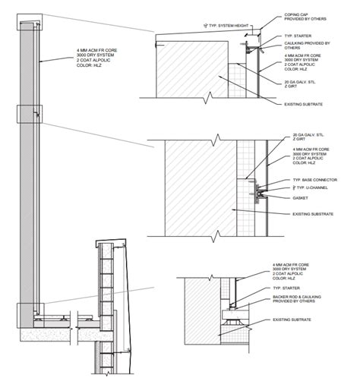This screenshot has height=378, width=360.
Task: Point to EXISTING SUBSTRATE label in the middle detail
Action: (312, 214)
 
